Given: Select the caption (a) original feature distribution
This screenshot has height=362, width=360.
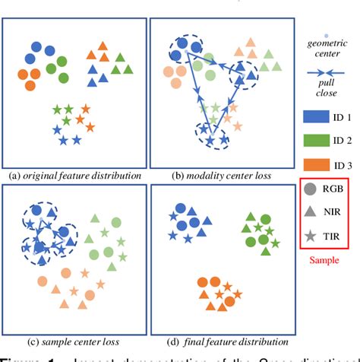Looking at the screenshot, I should (x=75, y=176).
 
